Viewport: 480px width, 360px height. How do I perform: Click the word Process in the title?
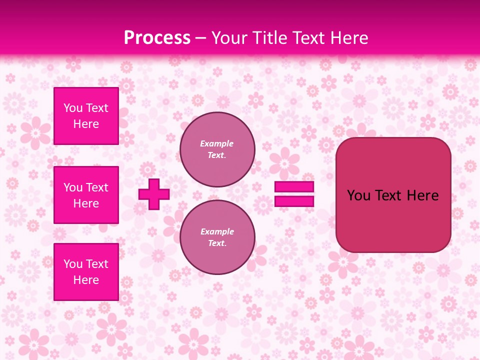click(157, 38)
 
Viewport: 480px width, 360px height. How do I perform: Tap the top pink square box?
click(86, 116)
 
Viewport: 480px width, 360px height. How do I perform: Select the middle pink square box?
click(86, 195)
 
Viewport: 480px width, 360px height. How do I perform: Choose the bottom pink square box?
click(86, 272)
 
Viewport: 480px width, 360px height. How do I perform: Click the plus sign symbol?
click(154, 194)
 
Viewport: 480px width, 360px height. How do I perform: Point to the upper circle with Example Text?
click(217, 149)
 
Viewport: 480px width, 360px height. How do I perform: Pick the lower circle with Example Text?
click(217, 237)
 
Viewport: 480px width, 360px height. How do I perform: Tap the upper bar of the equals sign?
click(294, 187)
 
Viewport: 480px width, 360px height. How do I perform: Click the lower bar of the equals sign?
click(294, 201)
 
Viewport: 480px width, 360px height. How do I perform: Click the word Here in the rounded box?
click(423, 195)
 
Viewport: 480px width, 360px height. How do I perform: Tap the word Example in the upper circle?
click(217, 143)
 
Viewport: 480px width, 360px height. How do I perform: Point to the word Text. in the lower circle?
click(217, 243)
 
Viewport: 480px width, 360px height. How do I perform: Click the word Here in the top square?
click(86, 124)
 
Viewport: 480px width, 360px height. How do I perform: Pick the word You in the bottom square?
click(73, 264)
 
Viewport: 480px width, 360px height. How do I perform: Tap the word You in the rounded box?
click(358, 195)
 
